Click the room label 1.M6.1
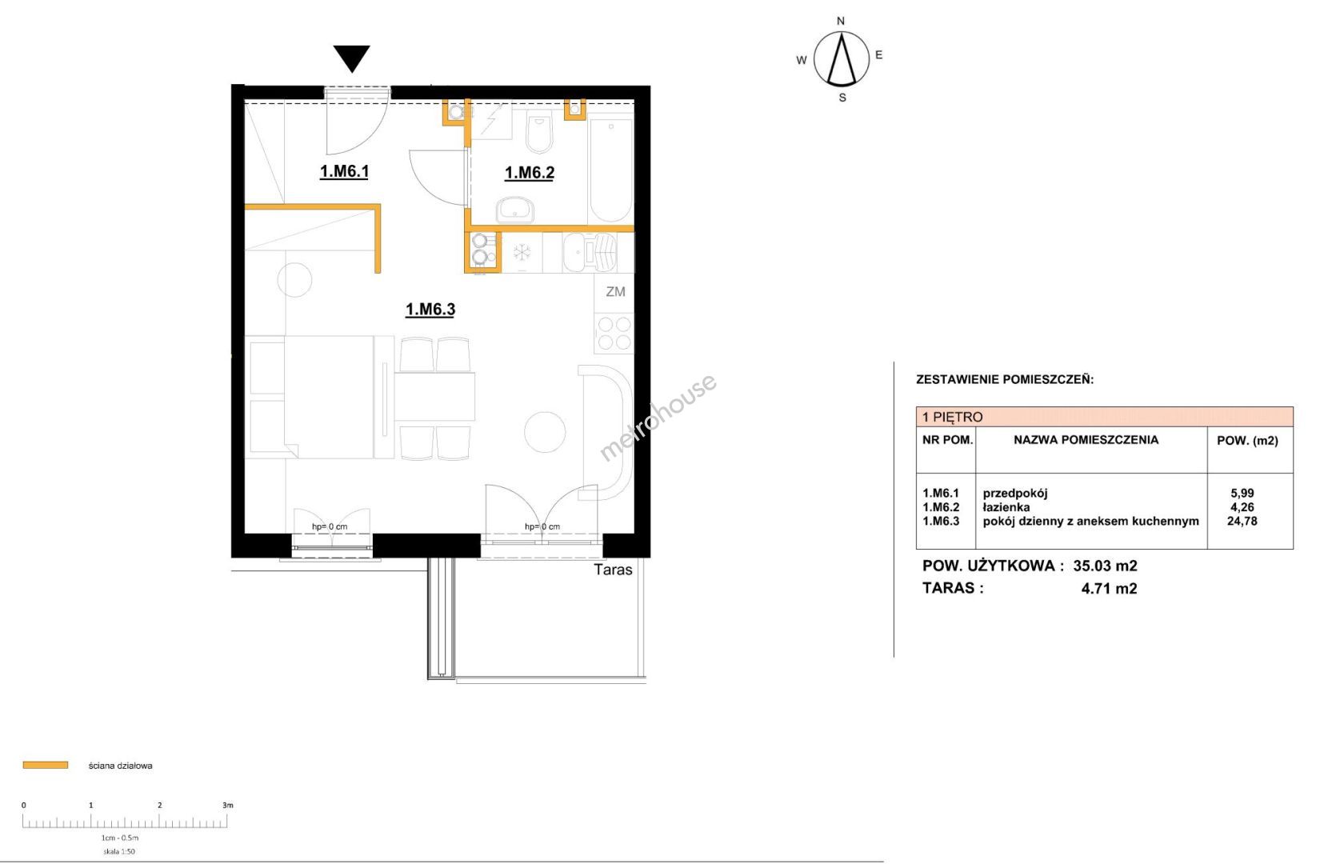(344, 171)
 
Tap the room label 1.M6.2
(529, 173)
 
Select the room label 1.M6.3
(430, 309)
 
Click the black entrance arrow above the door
(352, 58)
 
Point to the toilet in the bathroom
(538, 134)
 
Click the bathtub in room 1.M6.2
(610, 169)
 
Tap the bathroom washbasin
(515, 210)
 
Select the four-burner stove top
(614, 334)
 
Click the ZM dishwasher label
(615, 291)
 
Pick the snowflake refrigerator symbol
(522, 252)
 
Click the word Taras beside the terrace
(613, 570)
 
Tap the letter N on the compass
(841, 22)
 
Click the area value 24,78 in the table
(1242, 521)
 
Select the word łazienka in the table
(1006, 507)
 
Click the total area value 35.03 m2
(1105, 566)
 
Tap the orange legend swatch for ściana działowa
(46, 765)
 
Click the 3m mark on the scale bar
(227, 805)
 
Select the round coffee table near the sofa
(544, 432)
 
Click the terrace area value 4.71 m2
(1109, 588)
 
